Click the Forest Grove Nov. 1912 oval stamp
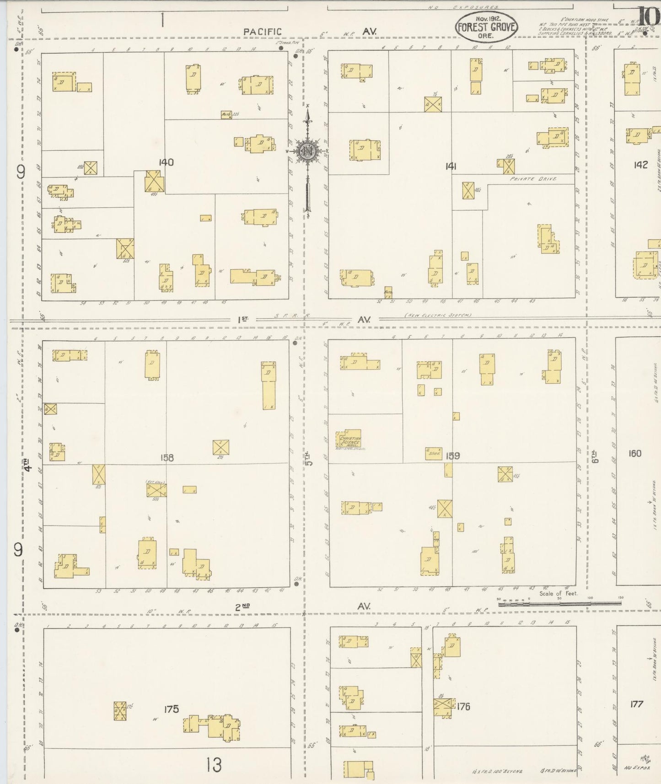point(486,27)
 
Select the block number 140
point(166,162)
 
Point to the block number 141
point(451,166)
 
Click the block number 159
point(452,456)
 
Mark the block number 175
point(172,709)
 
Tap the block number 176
point(463,707)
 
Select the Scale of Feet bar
point(559,604)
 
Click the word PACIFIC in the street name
point(263,32)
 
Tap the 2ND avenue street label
point(242,607)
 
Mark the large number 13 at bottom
point(214,764)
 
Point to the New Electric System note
point(438,315)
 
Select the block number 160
point(635,454)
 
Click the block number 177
point(636,704)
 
